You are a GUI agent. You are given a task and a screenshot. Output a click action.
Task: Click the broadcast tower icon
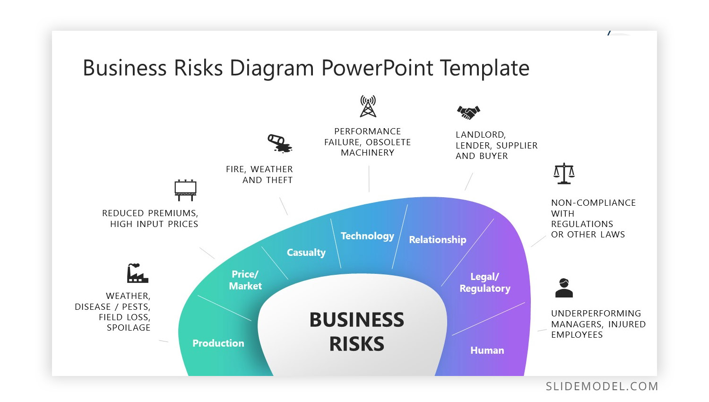pyautogui.click(x=368, y=106)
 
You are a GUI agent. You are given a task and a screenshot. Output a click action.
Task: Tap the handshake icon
pyautogui.click(x=468, y=112)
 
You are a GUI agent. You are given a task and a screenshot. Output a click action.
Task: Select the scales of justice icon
pyautogui.click(x=564, y=174)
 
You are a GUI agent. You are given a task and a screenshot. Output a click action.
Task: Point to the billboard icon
pyautogui.click(x=185, y=190)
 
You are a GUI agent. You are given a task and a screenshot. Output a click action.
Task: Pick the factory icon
pyautogui.click(x=137, y=273)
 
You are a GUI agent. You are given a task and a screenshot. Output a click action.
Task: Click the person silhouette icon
pyautogui.click(x=564, y=288)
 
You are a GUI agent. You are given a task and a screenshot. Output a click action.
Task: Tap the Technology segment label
pyautogui.click(x=367, y=236)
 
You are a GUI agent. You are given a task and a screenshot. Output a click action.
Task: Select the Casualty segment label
pyautogui.click(x=306, y=253)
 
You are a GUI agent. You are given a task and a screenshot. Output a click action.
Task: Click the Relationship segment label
pyautogui.click(x=437, y=240)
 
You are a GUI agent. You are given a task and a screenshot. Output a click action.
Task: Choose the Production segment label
pyautogui.click(x=218, y=343)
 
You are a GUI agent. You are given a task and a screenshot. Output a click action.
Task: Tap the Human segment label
pyautogui.click(x=487, y=350)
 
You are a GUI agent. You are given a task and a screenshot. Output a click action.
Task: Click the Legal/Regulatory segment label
pyautogui.click(x=485, y=283)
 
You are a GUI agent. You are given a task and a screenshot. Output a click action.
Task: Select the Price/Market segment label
pyautogui.click(x=245, y=280)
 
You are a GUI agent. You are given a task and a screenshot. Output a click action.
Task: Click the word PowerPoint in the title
pyautogui.click(x=377, y=68)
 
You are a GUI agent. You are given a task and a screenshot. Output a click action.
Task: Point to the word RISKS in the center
pyautogui.click(x=357, y=344)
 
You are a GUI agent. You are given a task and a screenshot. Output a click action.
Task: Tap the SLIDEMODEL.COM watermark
pyautogui.click(x=602, y=386)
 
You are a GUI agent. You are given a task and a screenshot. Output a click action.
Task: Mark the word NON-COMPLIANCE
pyautogui.click(x=593, y=203)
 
